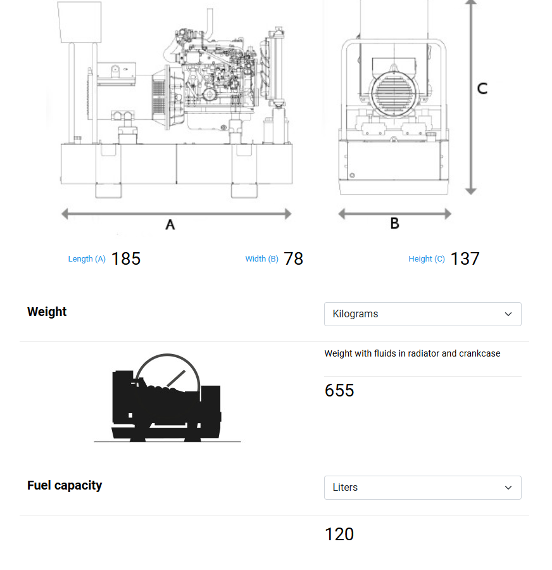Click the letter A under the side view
[x=170, y=224]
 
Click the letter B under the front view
[x=394, y=224]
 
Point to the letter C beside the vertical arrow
[x=482, y=89]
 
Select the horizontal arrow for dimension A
[x=176, y=214]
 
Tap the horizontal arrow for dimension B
[x=394, y=214]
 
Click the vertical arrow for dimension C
[x=470, y=95]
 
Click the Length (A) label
[x=87, y=259]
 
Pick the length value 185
[x=125, y=258]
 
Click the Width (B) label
[x=261, y=259]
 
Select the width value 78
[x=293, y=258]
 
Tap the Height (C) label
[x=427, y=259]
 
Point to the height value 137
[x=465, y=258]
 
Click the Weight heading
[x=47, y=312]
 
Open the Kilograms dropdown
[x=422, y=314]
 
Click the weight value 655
[x=339, y=390]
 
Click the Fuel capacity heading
[x=65, y=485]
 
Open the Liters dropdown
[x=422, y=488]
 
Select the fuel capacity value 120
[x=339, y=534]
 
